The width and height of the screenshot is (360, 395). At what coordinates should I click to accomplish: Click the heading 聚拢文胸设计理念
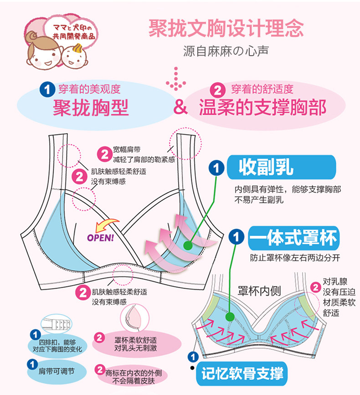pos(226,29)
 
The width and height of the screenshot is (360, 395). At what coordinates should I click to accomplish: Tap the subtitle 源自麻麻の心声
pos(226,51)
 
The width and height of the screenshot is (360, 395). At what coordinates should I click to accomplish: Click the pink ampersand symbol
pos(181,108)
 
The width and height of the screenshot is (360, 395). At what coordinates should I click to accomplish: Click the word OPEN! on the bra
pos(100,237)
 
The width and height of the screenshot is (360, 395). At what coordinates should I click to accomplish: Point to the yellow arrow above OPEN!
pos(104,224)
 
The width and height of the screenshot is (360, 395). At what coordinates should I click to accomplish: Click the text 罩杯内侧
pos(260,291)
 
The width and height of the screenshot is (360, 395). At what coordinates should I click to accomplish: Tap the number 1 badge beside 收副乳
pos(216,168)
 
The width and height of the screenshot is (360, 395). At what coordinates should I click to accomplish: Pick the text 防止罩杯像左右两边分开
pos(295,257)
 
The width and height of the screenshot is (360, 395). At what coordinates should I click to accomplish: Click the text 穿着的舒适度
pos(262,88)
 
